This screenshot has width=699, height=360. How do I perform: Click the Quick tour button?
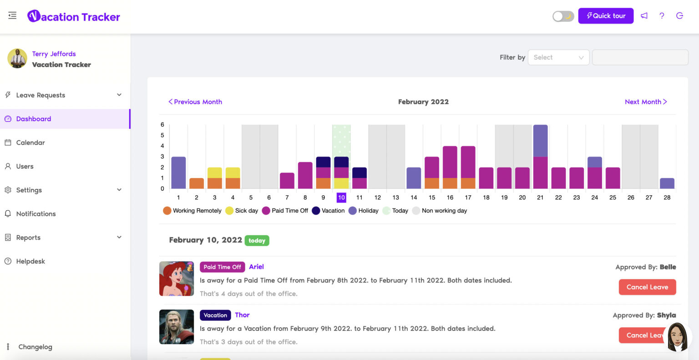click(x=606, y=15)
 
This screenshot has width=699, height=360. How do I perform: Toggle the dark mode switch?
click(x=563, y=16)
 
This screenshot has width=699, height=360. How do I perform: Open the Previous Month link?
click(x=195, y=101)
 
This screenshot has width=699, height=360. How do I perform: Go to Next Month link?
click(x=646, y=101)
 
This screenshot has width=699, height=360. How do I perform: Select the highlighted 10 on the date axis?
click(x=341, y=197)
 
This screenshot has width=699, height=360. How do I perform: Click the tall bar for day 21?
click(x=540, y=157)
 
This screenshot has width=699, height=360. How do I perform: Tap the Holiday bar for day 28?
click(x=667, y=183)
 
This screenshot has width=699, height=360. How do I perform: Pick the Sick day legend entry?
click(x=242, y=211)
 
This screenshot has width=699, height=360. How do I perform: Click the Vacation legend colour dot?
click(x=316, y=211)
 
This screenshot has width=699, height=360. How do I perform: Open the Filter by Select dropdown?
click(x=558, y=57)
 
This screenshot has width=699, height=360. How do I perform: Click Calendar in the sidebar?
click(x=30, y=142)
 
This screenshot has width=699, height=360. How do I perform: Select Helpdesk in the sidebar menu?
click(x=30, y=261)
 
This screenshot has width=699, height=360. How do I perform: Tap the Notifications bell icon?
click(x=8, y=214)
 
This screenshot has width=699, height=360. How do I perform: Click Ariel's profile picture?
click(x=176, y=279)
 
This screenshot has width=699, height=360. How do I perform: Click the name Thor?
click(x=242, y=315)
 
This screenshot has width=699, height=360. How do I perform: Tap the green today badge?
click(x=257, y=240)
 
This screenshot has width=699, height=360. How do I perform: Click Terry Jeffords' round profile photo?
click(x=17, y=58)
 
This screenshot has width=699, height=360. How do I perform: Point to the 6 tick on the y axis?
click(x=162, y=124)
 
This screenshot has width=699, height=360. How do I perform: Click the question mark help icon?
click(x=662, y=15)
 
